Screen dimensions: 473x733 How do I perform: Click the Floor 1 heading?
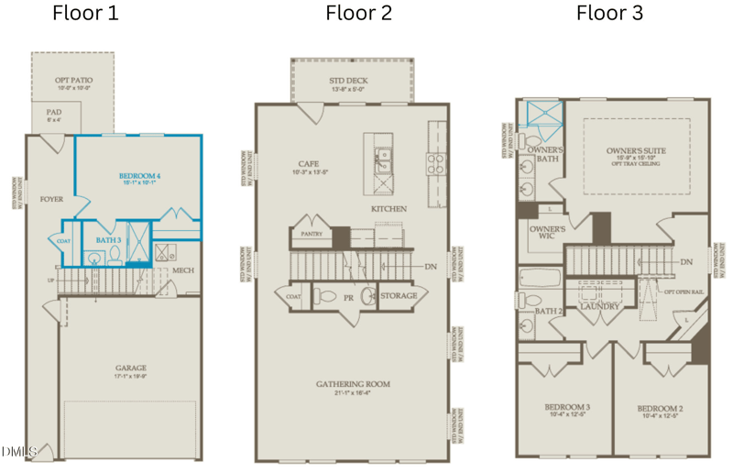[x=85, y=14]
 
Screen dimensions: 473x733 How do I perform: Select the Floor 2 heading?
[x=359, y=14]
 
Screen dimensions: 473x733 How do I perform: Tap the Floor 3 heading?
[x=609, y=14]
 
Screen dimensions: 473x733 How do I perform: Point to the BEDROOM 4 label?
[x=139, y=175]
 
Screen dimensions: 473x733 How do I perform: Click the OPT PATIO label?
[x=72, y=81]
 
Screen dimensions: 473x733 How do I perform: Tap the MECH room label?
[x=182, y=270]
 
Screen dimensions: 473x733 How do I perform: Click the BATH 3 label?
[x=108, y=241]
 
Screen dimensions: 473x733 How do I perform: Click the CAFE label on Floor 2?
[x=308, y=163]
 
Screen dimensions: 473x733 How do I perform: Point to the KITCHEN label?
[x=388, y=210]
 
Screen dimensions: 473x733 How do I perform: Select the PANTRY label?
[x=312, y=235]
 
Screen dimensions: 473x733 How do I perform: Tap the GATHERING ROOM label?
[x=354, y=383]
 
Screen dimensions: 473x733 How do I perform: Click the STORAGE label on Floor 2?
[x=399, y=296]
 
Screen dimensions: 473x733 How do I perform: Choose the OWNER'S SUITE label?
[x=636, y=150]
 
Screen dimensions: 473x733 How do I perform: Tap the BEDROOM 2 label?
[x=660, y=408]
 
